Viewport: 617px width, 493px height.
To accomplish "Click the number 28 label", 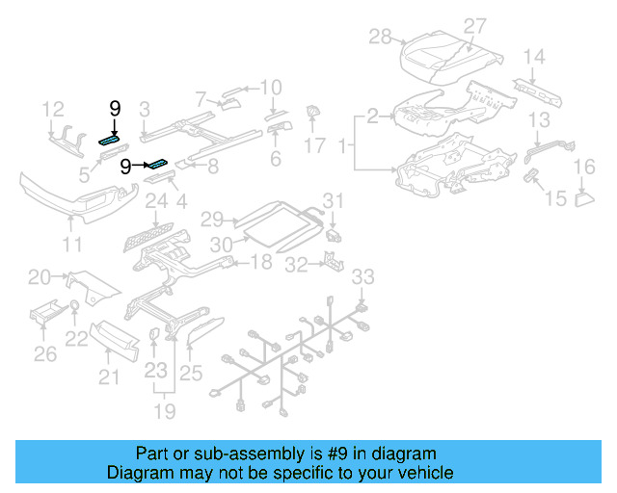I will point(381,37).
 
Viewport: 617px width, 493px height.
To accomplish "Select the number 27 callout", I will point(475,26).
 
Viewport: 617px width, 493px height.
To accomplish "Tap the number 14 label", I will point(534,57).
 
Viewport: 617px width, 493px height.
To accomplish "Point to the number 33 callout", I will point(361,278).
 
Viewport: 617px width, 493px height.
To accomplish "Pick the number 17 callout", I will point(315,145).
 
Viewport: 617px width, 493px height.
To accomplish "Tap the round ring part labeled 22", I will point(75,308).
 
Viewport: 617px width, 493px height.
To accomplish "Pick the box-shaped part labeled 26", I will point(45,315).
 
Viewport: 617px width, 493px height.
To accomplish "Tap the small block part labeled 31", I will point(335,232).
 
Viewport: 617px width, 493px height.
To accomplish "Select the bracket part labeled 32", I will point(330,261).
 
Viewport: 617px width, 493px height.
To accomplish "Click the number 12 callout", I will point(52,109).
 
